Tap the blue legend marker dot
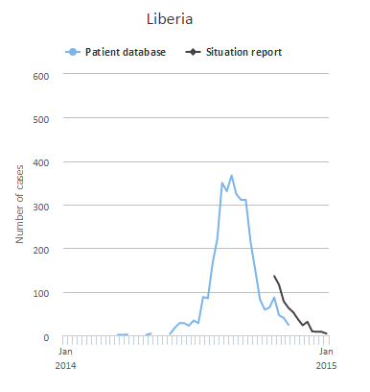click(71, 52)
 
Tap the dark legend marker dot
click(193, 52)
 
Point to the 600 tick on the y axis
click(40, 75)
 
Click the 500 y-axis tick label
click(40, 118)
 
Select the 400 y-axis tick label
click(40, 162)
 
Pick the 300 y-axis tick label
click(40, 206)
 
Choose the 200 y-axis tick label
click(40, 249)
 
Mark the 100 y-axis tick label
click(40, 293)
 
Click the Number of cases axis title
click(19, 206)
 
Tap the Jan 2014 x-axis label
click(65, 359)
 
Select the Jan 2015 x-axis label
click(326, 359)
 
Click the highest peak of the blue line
click(231, 176)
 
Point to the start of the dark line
click(274, 276)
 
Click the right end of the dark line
click(327, 334)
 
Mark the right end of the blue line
click(289, 325)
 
